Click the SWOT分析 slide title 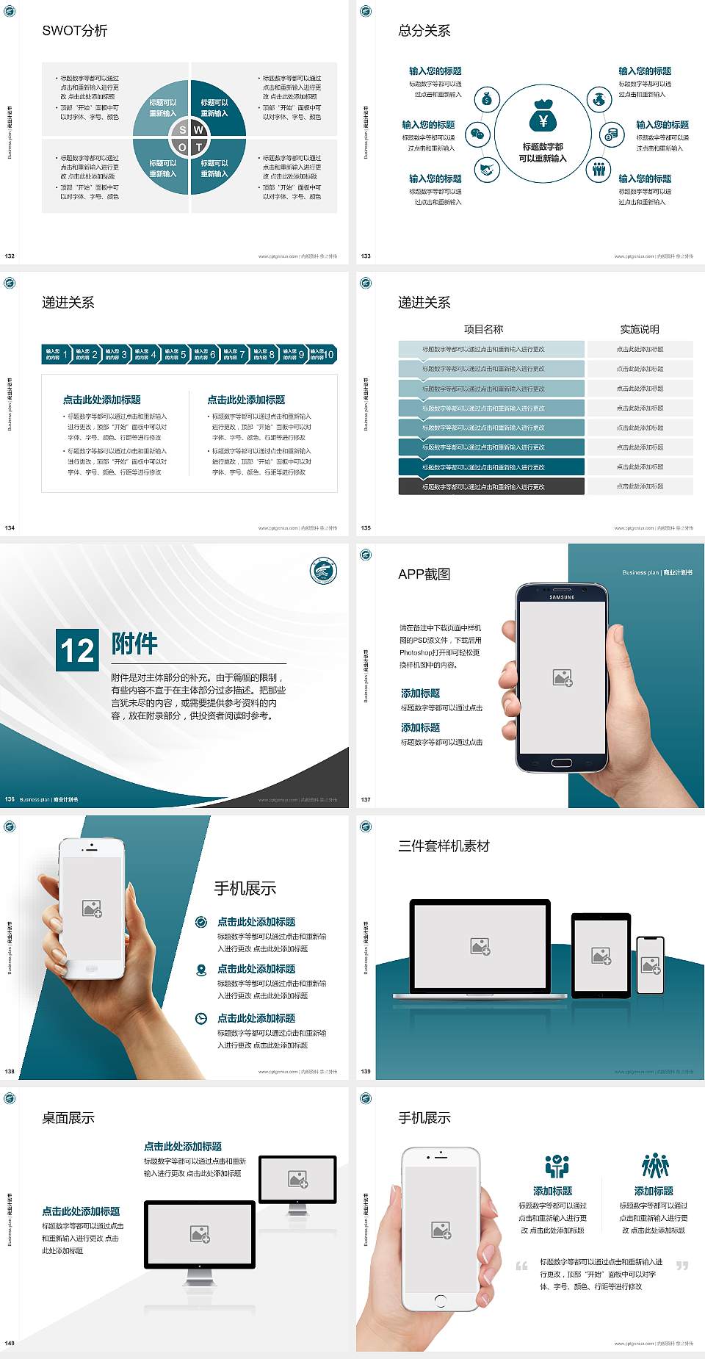[75, 31]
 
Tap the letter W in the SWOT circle [198, 130]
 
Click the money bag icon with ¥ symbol [543, 117]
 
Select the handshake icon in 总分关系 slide [486, 170]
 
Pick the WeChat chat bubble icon [478, 134]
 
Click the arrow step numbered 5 [174, 354]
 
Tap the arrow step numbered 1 [56, 354]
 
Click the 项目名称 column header [483, 329]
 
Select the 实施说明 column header [640, 329]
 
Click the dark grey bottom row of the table [491, 486]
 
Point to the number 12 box [77, 649]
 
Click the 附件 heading [134, 644]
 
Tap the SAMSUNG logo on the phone [562, 597]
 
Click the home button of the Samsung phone [562, 763]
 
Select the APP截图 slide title [424, 574]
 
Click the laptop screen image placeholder [480, 946]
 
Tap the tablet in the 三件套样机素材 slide [601, 955]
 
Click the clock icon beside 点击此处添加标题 [201, 1018]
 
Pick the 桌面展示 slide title [68, 1118]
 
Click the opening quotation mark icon [521, 1266]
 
